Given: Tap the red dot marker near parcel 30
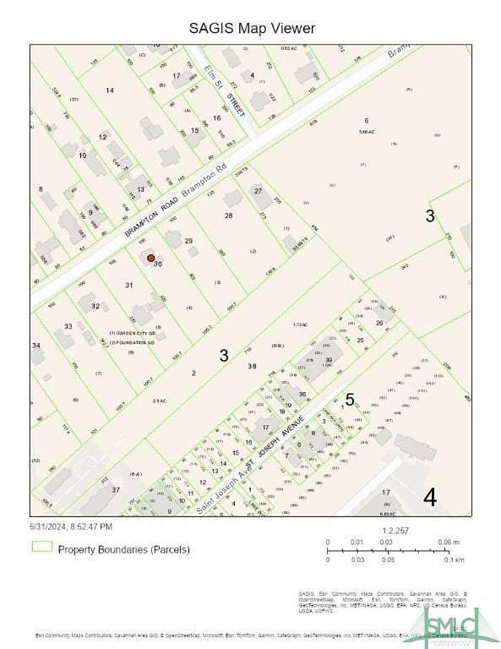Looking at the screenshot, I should tap(150, 258).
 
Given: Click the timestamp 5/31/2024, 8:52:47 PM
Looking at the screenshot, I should tap(70, 527).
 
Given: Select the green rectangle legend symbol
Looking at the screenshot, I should tap(41, 548).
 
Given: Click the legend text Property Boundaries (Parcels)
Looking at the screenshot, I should tap(123, 548).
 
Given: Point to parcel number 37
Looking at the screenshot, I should tap(117, 489).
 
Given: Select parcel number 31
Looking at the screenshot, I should tap(129, 286).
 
